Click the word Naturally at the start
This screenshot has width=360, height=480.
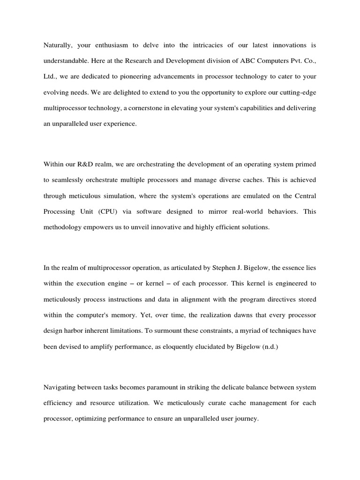coord(58,45)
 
